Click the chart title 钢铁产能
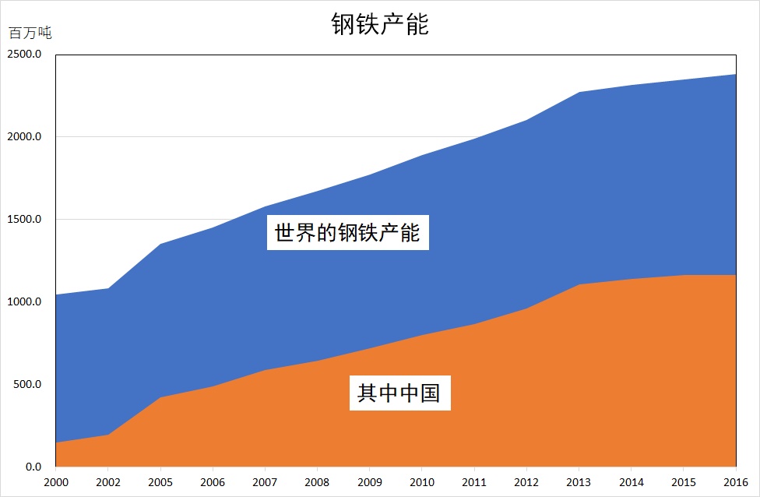[x=380, y=23]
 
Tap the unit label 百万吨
[x=30, y=33]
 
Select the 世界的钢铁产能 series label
[x=347, y=232]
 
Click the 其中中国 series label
[x=399, y=393]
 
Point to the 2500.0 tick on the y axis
[x=24, y=54]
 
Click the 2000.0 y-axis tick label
[x=24, y=136]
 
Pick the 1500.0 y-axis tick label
[x=24, y=219]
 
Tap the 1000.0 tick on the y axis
[x=24, y=301]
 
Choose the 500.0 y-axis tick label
[x=27, y=384]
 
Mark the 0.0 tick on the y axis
[x=33, y=467]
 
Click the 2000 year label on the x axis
[x=56, y=482]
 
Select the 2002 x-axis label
[x=108, y=482]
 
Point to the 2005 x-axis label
[x=160, y=482]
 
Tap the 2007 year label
[x=265, y=482]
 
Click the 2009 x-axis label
[x=370, y=482]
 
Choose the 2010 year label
[x=422, y=482]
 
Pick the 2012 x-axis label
[x=526, y=482]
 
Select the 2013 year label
[x=579, y=482]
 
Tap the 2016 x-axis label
[x=736, y=482]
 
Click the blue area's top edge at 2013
[x=579, y=92]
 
